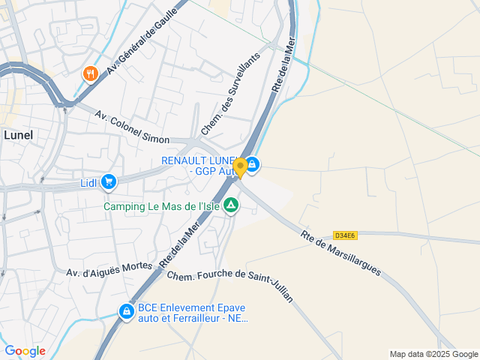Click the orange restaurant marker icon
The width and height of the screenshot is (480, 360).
point(90,73)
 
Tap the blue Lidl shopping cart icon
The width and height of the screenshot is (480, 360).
point(109,181)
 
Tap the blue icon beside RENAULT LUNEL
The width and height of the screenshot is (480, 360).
point(253,165)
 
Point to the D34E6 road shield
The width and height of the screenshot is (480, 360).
point(345,235)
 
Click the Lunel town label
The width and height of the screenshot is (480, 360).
point(18,135)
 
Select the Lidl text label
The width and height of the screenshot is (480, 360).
point(89,182)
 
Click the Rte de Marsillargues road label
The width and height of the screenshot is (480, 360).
point(340,253)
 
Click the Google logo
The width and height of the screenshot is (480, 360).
point(25,351)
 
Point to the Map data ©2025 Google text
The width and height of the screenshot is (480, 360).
point(433,354)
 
